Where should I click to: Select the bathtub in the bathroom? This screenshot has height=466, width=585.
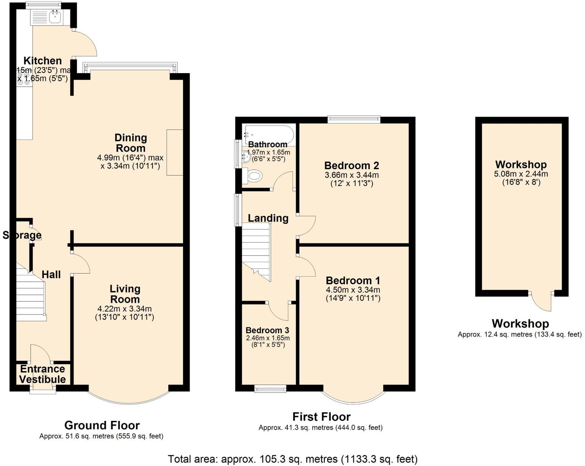click(269, 134)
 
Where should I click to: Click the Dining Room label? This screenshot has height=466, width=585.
click(131, 143)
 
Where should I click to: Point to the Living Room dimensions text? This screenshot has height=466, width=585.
click(124, 313)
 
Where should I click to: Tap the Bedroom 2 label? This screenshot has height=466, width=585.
click(352, 166)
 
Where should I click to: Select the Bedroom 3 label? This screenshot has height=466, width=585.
click(267, 330)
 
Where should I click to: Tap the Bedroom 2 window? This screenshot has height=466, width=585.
click(354, 120)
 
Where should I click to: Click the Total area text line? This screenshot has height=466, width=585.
click(292, 459)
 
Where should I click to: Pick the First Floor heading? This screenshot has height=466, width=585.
click(321, 417)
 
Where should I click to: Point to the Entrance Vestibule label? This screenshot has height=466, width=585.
click(43, 374)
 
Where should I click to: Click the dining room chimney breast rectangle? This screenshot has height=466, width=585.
click(175, 152)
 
